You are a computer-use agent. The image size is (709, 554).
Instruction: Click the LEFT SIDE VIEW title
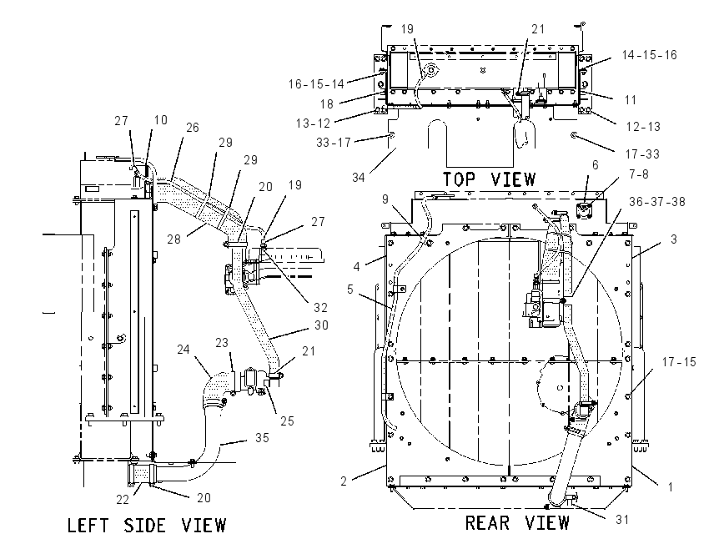coord(147,526)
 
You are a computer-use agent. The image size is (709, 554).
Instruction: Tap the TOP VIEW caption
coord(489,179)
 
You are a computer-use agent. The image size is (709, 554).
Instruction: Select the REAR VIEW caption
coord(517,523)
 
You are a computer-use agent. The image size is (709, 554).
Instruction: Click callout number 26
coord(193,128)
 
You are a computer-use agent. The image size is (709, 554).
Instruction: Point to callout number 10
coord(160,120)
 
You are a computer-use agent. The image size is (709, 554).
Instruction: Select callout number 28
coord(174,239)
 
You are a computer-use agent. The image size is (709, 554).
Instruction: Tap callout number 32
coord(320,308)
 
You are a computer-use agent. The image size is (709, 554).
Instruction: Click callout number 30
coord(321,325)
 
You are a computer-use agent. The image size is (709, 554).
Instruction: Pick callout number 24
coord(184,349)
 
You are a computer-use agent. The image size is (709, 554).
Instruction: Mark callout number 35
coord(262,438)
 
